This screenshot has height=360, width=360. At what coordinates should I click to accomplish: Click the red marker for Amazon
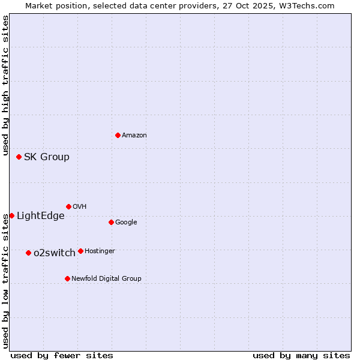pos(118,135)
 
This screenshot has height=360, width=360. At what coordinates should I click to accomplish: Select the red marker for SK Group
pos(19,157)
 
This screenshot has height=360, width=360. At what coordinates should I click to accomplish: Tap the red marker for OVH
pos(68,206)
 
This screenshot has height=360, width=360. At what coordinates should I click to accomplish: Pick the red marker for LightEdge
pos(11,215)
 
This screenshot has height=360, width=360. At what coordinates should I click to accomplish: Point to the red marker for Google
pos(111,222)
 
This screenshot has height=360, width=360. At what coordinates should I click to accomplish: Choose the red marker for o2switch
pos(28,253)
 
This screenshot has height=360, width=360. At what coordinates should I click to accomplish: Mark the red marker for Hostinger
pos(80,251)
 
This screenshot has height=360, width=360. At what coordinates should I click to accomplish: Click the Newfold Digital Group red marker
pos(67,278)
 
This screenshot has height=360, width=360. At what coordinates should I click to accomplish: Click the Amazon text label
pos(134,136)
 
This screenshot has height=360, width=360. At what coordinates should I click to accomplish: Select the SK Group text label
pos(47,157)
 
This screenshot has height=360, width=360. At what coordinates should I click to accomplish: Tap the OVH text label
pos(80,207)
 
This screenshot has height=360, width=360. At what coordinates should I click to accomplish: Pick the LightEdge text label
pos(40,216)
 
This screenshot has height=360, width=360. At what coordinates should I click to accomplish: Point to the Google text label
pos(126,223)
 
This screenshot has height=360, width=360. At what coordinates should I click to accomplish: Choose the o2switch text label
pos(55,253)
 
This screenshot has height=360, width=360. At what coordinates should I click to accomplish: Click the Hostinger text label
pos(100,251)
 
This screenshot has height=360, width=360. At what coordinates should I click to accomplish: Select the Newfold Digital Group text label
pos(106,278)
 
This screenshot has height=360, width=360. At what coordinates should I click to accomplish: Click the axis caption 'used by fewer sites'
pos(62,355)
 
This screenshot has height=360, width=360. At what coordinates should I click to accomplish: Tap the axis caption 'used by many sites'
pos(301,355)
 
